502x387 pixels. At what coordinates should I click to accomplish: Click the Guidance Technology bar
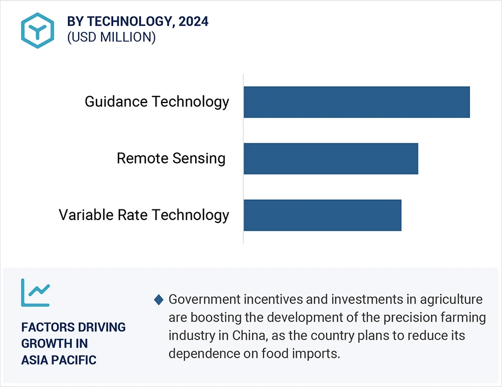[x=356, y=102]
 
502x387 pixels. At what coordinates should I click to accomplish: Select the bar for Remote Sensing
[x=331, y=158]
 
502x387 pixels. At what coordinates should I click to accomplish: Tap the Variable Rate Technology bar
[x=323, y=215]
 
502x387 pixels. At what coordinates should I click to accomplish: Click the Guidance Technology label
[x=157, y=102]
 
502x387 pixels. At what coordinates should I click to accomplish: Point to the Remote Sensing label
[x=171, y=158]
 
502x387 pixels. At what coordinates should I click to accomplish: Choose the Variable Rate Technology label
[x=144, y=215]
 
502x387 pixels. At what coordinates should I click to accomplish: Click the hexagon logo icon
[x=38, y=30]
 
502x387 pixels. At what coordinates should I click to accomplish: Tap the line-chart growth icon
[x=35, y=292]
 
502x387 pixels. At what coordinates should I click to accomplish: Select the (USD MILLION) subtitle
[x=111, y=38]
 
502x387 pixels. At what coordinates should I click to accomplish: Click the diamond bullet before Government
[x=159, y=300]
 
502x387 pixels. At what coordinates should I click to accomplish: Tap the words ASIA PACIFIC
[x=59, y=360]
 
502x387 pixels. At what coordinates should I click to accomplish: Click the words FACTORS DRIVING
[x=73, y=327]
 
